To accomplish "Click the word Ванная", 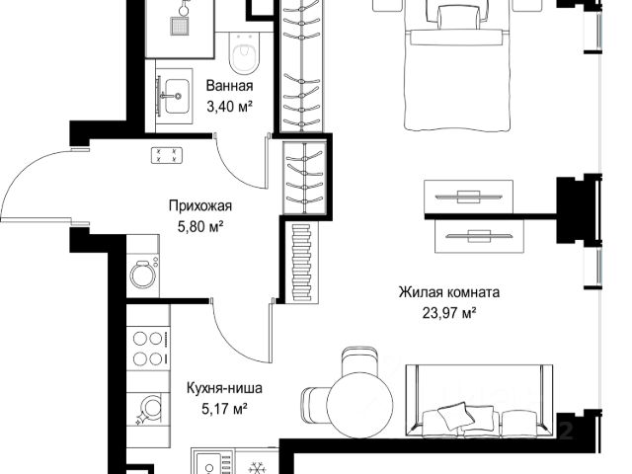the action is pyautogui.click(x=229, y=86).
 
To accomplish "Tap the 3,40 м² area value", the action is pyautogui.click(x=229, y=107).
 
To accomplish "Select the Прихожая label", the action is pyautogui.click(x=200, y=206).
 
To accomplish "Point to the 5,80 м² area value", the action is pyautogui.click(x=200, y=227).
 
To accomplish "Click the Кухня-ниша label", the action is pyautogui.click(x=224, y=388).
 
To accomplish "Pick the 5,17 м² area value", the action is pyautogui.click(x=224, y=410).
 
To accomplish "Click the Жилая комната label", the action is pyautogui.click(x=449, y=292).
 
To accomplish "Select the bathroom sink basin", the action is pyautogui.click(x=176, y=96).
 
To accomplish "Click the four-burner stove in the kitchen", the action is pyautogui.click(x=148, y=349).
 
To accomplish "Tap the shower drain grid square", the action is pyautogui.click(x=179, y=27).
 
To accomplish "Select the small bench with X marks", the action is pyautogui.click(x=167, y=156).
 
